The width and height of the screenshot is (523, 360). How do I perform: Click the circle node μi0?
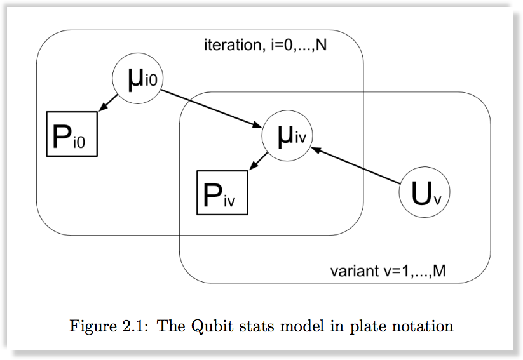138,79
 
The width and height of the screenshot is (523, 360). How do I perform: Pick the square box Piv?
222,193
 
